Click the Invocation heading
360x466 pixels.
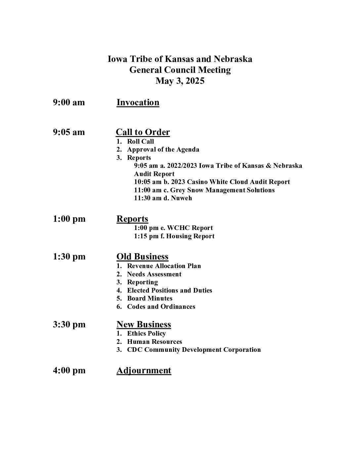click(138, 103)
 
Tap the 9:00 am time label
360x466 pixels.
click(69, 103)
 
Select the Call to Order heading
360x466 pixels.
click(143, 132)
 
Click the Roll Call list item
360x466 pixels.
click(140, 142)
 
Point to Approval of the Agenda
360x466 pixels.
click(163, 150)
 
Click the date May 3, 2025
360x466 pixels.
click(180, 81)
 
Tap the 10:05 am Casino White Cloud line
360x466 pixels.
click(212, 182)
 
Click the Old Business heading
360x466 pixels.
click(142, 257)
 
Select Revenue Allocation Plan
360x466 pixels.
click(164, 266)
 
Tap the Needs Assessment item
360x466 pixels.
click(154, 274)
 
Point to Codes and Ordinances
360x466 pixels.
click(161, 307)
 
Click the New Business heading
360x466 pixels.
click(144, 324)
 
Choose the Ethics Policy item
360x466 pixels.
click(146, 334)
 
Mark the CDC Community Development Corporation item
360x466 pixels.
click(194, 350)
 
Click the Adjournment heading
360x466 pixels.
click(144, 371)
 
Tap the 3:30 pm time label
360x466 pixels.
click(69, 325)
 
